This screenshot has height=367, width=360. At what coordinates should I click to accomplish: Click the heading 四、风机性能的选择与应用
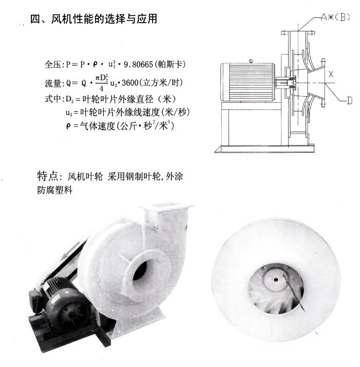[94, 19]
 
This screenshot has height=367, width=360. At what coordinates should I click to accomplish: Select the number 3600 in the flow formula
[130, 83]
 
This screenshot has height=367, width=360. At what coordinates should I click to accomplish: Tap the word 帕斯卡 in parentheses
[170, 64]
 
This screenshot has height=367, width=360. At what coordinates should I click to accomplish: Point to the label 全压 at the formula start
[52, 64]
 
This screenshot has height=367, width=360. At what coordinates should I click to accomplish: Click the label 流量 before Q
[52, 83]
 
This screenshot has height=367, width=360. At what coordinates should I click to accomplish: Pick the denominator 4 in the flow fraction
[101, 89]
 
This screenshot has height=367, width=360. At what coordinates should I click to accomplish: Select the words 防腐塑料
[55, 190]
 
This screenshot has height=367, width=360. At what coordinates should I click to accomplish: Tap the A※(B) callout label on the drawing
[335, 17]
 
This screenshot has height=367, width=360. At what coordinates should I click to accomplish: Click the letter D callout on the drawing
[349, 100]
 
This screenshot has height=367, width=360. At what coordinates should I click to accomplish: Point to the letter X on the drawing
[331, 75]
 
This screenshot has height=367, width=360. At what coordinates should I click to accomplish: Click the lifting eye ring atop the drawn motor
[251, 61]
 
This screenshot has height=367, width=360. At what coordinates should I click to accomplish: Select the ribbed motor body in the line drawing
[248, 82]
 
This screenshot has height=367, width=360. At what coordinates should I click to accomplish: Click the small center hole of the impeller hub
[276, 280]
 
